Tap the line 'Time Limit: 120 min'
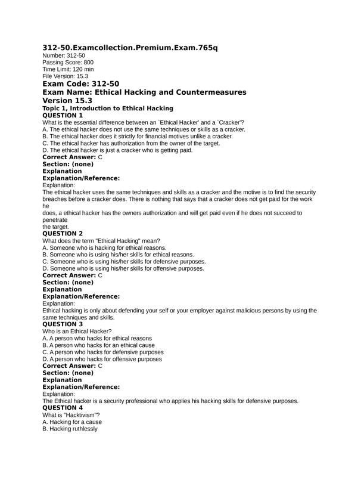(x=68, y=69)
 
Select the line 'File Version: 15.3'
(x=65, y=76)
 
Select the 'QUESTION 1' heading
(x=63, y=115)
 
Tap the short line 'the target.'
(x=56, y=227)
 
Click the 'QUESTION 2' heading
(x=63, y=233)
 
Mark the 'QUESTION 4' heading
(x=63, y=408)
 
